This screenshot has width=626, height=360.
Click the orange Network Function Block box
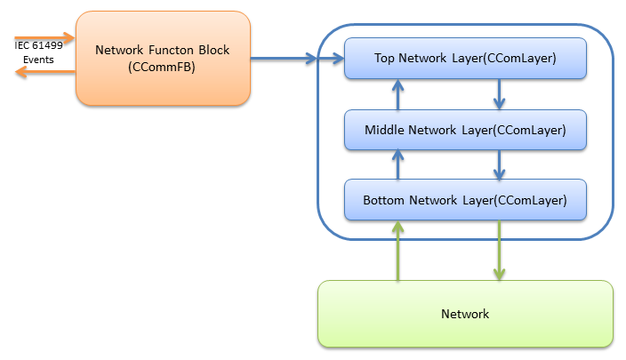(x=163, y=58)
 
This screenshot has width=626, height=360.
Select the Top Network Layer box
(x=465, y=59)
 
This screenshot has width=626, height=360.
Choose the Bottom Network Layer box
(x=465, y=200)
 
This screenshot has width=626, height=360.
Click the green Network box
(x=465, y=314)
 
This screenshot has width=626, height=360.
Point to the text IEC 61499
(x=36, y=45)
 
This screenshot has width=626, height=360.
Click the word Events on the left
(x=37, y=60)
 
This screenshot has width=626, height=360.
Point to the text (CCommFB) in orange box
(x=162, y=67)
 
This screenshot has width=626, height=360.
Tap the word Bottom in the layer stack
(x=384, y=200)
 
